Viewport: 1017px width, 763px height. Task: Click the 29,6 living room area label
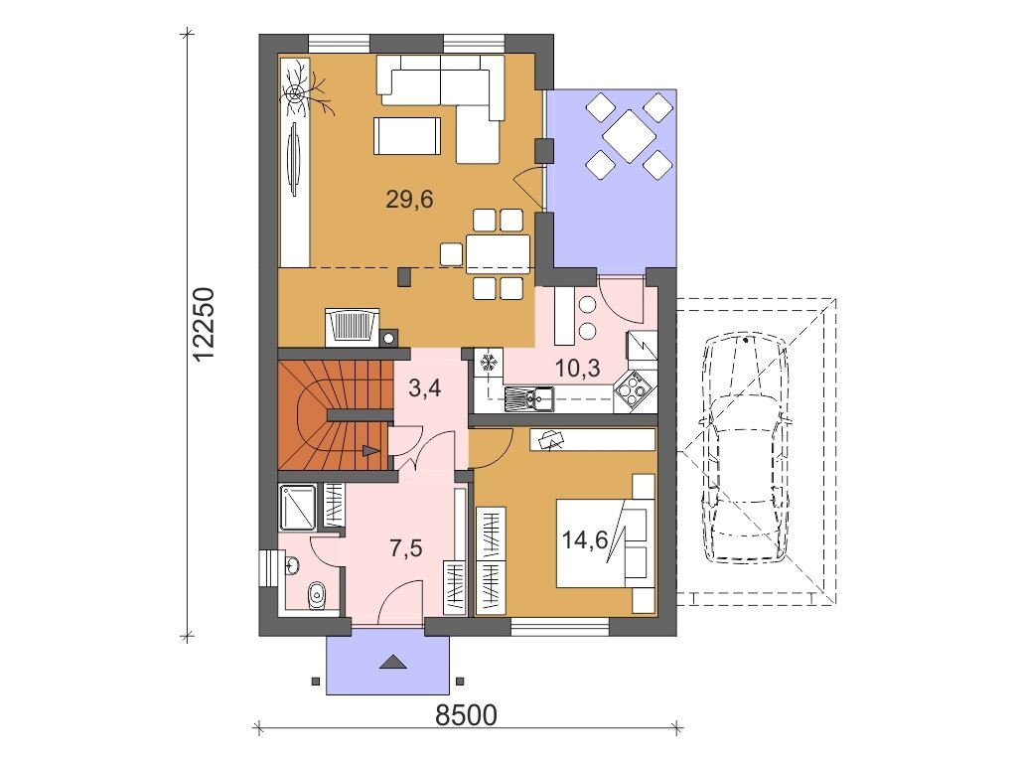pos(409,200)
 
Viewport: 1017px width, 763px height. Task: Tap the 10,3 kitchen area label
pos(578,369)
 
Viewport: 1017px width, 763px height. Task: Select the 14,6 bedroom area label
pos(585,539)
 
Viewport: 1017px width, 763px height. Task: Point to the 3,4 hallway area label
pos(425,388)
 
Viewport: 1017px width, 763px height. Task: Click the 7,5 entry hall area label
pos(406,548)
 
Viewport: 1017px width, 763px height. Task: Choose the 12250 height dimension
pos(204,325)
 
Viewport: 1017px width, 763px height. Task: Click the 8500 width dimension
pos(467,715)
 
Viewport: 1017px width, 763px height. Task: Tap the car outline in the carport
pos(746,448)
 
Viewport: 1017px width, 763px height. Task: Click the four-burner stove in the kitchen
pos(632,390)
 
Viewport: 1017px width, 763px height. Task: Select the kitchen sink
pos(528,396)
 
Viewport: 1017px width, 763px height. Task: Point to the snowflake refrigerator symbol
pos(490,362)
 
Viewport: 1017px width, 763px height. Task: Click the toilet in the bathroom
pos(317,594)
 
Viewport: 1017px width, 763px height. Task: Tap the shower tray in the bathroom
pos(298,507)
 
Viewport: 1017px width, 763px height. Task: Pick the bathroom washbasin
pos(292,565)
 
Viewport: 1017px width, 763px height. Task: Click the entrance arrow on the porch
pos(392,662)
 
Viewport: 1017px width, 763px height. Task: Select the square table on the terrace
pos(628,136)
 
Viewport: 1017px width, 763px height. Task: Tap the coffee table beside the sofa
pos(406,135)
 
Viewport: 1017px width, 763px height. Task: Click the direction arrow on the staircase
pos(370,450)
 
